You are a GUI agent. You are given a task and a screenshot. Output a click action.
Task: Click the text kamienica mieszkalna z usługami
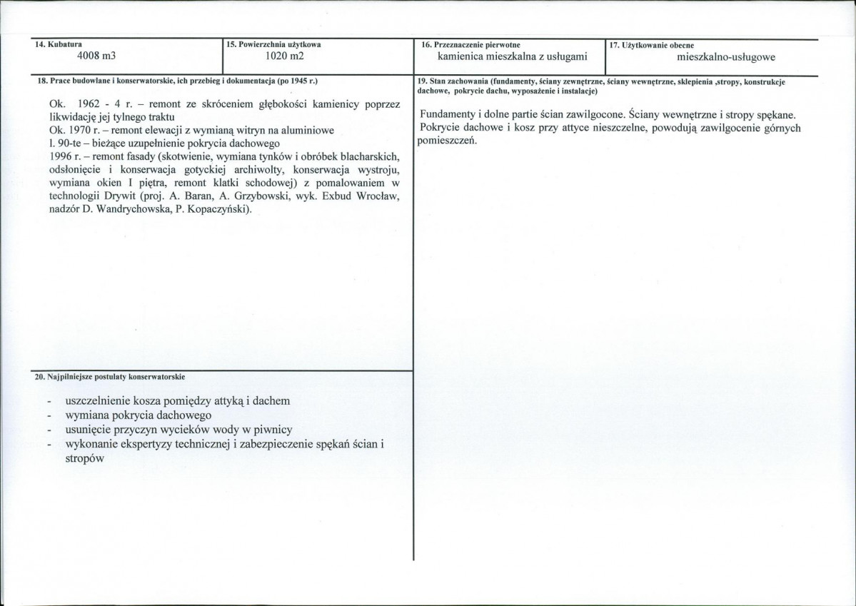point(513,57)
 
